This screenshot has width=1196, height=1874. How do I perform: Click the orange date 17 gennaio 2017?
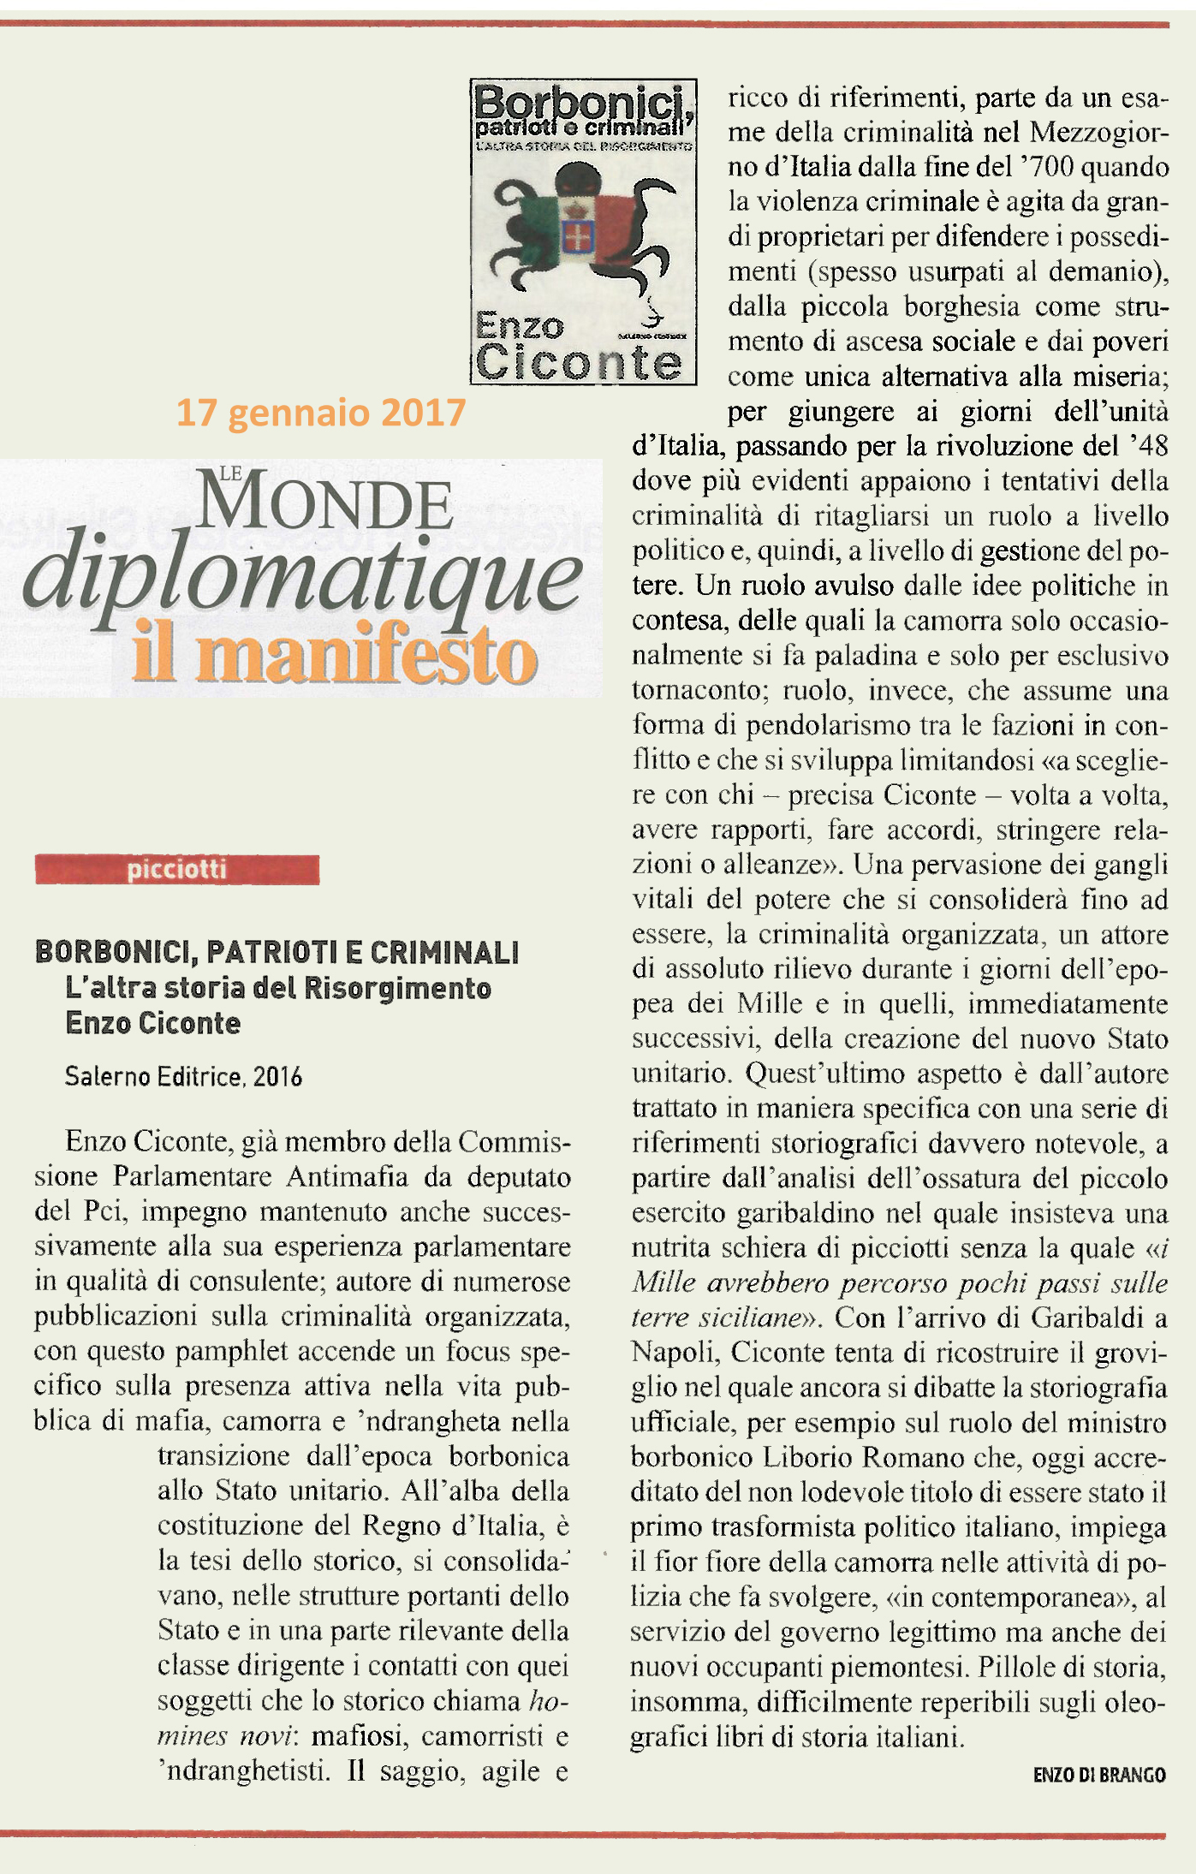[320, 413]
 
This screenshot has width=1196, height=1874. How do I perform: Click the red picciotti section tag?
[176, 870]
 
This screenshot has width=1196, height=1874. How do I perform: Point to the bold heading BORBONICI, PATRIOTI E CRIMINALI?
[277, 952]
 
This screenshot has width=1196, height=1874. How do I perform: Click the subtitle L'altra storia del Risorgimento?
[278, 988]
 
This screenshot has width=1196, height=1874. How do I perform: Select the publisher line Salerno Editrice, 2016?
[183, 1076]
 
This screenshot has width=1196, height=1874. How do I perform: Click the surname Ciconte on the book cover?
[579, 362]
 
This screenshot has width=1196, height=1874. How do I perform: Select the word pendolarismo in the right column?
[827, 725]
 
